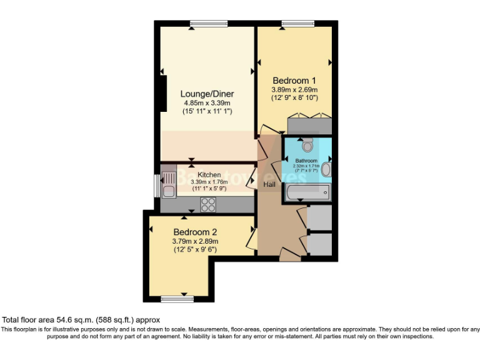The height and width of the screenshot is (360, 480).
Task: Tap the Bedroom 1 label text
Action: tap(294, 81)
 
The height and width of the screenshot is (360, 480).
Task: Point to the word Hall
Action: tap(270, 185)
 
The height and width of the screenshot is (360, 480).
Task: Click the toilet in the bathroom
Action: tap(306, 145)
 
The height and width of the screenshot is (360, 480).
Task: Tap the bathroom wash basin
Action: tap(326, 169)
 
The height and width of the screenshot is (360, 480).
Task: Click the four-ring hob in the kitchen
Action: tap(207, 203)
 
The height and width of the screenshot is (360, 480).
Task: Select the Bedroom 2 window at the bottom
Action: tap(177, 299)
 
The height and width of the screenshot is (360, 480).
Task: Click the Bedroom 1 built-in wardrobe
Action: tap(309, 124)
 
